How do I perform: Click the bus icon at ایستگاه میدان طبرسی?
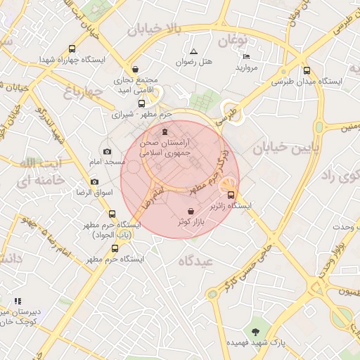point(306,70)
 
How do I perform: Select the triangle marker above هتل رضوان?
point(193,51)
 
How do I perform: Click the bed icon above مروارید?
point(245,56)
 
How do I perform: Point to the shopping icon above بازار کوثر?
point(191,211)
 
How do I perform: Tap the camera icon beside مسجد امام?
point(107,151)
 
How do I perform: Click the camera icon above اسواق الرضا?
point(94,182)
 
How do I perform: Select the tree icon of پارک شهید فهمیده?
point(255,331)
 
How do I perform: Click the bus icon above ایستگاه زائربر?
point(231,195)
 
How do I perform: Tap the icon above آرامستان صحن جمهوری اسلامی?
point(165,131)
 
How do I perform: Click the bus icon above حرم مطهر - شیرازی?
point(141,103)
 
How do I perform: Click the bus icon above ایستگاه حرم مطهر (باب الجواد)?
point(112,214)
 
